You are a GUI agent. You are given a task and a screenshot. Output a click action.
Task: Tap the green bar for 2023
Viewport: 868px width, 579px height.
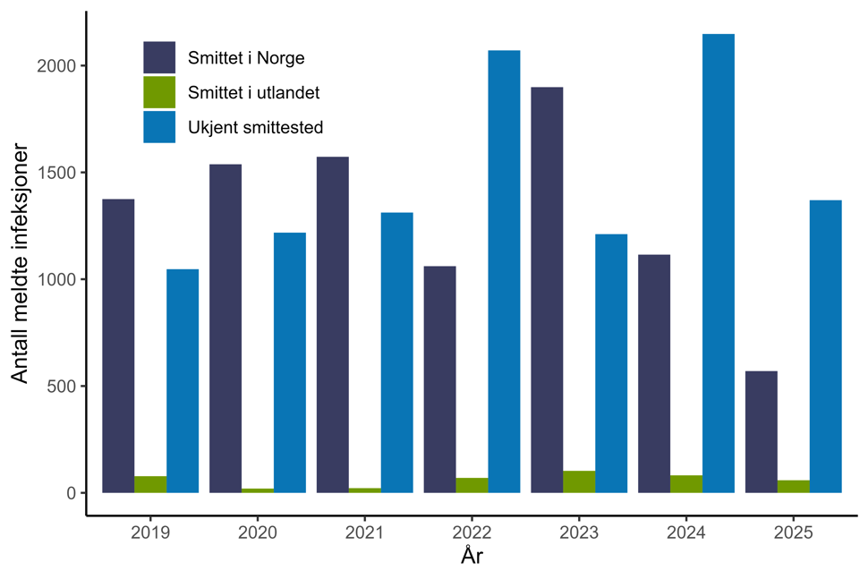(x=579, y=481)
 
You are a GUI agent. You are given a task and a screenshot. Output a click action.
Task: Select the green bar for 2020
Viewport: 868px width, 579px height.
(x=258, y=490)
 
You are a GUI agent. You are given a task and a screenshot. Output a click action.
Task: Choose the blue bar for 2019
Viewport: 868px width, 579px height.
(x=183, y=380)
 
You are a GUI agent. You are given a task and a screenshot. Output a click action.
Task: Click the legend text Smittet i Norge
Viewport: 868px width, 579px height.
(x=247, y=58)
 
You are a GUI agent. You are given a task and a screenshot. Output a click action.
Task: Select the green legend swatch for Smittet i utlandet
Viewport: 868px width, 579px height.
(x=159, y=92)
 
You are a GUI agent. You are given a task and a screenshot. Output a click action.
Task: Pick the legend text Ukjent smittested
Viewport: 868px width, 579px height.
(x=255, y=127)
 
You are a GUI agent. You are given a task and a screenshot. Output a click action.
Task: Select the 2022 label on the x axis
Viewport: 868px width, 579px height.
(x=472, y=533)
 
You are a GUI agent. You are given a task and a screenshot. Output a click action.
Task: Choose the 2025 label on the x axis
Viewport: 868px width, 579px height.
(x=794, y=533)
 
